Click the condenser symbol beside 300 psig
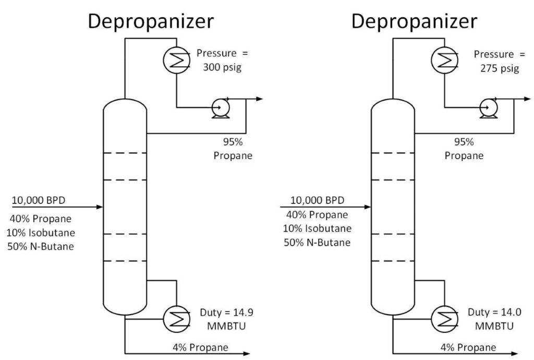tap(176, 61)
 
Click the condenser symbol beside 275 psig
tap(443, 61)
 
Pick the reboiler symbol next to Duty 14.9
tap(176, 317)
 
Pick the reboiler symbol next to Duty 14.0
tap(443, 317)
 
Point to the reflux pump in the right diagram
tap(489, 108)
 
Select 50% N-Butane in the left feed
tap(41, 246)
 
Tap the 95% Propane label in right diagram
tap(464, 149)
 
